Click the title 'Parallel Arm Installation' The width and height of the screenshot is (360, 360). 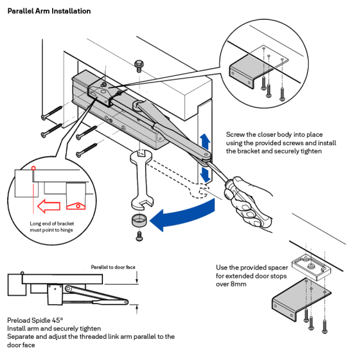coord(49,11)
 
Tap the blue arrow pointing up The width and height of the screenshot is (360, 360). coord(205,141)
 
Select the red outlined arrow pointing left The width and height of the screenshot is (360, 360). coord(49,206)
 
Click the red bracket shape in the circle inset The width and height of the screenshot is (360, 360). coord(76,206)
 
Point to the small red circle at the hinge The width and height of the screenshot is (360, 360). coord(33,168)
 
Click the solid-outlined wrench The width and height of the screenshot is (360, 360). coord(141,179)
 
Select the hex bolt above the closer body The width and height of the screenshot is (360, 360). coord(139,66)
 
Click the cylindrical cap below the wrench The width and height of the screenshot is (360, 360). coord(139,220)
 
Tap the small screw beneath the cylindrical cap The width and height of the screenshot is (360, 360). coord(139,237)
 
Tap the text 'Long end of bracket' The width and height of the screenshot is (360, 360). coord(52,224)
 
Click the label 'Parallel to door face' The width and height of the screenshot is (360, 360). coord(113,267)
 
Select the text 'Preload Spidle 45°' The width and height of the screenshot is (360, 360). coord(35,320)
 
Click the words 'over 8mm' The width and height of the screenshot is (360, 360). coord(231,284)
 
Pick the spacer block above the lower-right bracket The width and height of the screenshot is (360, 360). coord(311,267)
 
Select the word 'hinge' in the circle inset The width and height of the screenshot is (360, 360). coord(67,230)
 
